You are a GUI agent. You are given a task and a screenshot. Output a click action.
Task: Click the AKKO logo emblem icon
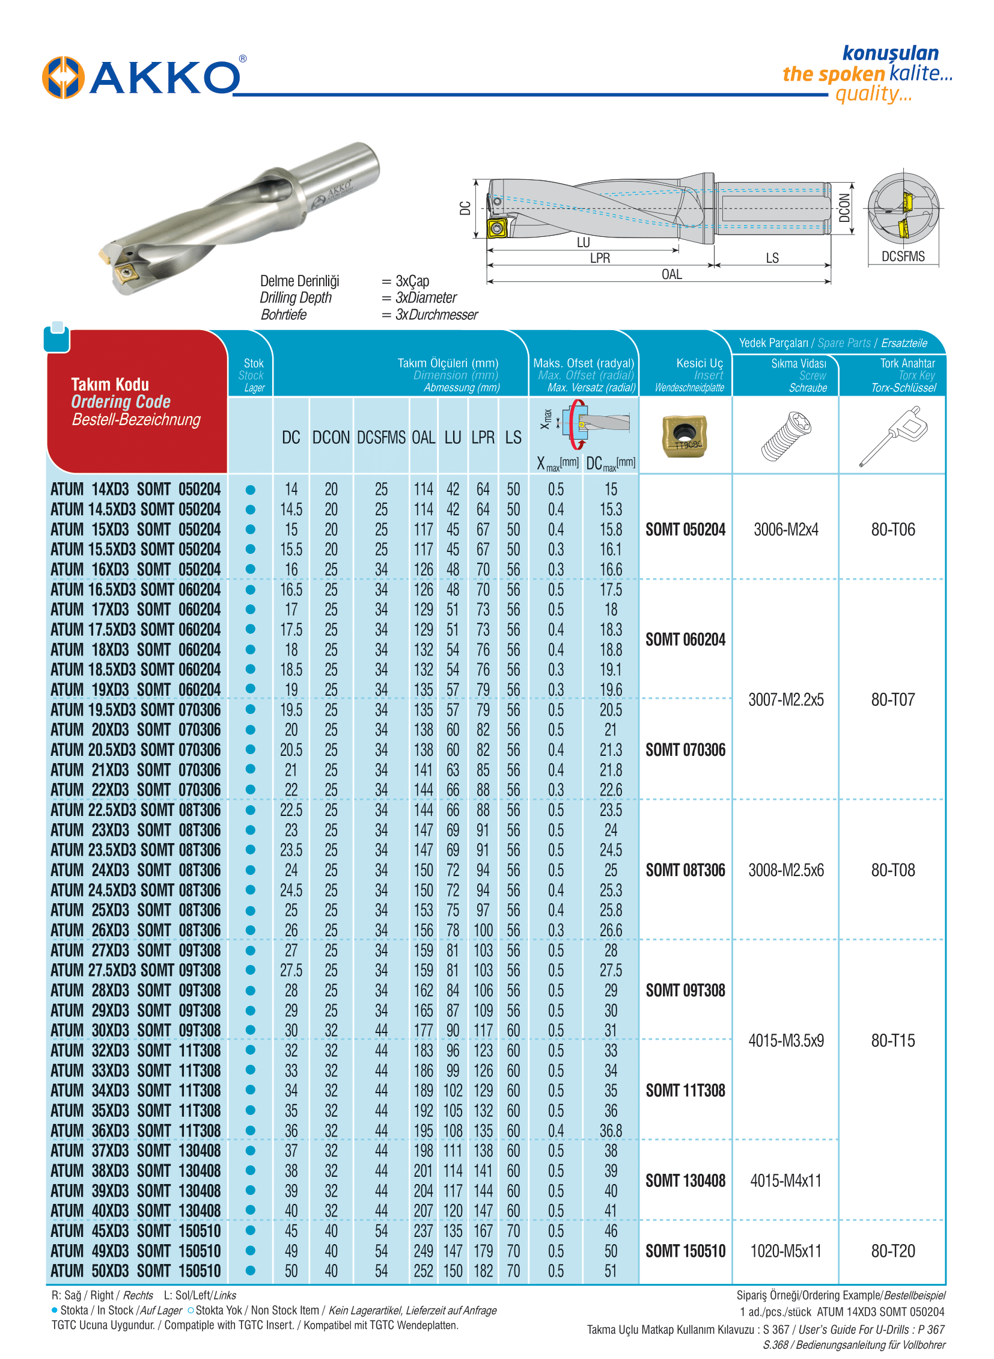tap(63, 77)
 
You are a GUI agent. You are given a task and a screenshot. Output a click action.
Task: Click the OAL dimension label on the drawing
tap(671, 275)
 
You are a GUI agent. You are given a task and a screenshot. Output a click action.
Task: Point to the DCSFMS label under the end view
tap(903, 257)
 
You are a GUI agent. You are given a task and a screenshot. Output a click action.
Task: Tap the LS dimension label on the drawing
tap(772, 259)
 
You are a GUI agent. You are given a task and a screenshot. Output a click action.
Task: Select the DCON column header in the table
tap(331, 438)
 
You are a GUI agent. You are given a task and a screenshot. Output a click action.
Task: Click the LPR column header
tap(483, 438)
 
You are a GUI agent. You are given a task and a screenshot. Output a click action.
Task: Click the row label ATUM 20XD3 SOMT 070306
tap(135, 730)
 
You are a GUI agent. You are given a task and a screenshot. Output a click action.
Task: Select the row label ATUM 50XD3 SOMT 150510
tap(135, 1271)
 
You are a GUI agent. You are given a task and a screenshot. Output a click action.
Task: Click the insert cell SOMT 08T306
tap(685, 870)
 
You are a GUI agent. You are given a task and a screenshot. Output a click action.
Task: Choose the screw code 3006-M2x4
tap(786, 530)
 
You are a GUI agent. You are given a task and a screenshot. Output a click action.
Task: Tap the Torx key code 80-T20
tap(893, 1251)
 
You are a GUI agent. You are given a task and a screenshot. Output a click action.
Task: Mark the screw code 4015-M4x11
tap(786, 1181)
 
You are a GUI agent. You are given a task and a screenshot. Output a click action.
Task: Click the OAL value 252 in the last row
tap(423, 1271)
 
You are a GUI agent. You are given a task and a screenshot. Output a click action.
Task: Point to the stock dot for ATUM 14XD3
tap(251, 489)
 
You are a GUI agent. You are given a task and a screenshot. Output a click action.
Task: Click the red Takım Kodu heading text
tap(110, 385)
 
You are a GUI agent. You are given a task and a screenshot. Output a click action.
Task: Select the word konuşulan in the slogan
tap(890, 54)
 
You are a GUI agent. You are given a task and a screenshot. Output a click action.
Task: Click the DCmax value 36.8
tap(610, 1130)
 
